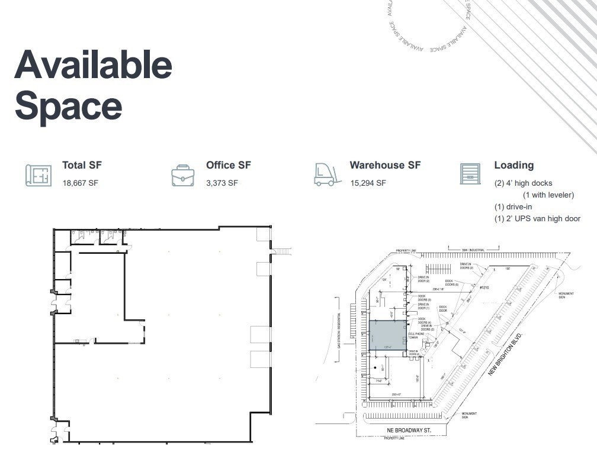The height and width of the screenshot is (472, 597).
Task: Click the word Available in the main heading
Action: [93, 65]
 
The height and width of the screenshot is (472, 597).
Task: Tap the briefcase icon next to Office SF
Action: [182, 175]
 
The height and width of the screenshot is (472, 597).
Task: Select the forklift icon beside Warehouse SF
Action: [328, 174]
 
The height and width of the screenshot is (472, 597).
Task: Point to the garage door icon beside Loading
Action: [470, 173]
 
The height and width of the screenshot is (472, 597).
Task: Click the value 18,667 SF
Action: [80, 183]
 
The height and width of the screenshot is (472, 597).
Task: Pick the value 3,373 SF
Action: [222, 183]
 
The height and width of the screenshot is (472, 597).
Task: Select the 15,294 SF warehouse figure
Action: [368, 183]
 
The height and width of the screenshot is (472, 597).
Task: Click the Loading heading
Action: [513, 166]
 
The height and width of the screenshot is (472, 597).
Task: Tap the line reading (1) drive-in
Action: [513, 207]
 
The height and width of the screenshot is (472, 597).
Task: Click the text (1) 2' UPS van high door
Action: [537, 219]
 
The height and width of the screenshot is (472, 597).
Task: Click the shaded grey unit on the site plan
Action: [388, 335]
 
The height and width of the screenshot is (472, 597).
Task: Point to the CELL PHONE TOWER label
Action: [416, 336]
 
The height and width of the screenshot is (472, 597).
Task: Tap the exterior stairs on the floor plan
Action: [283, 252]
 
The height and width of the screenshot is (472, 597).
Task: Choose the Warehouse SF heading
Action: [385, 166]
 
